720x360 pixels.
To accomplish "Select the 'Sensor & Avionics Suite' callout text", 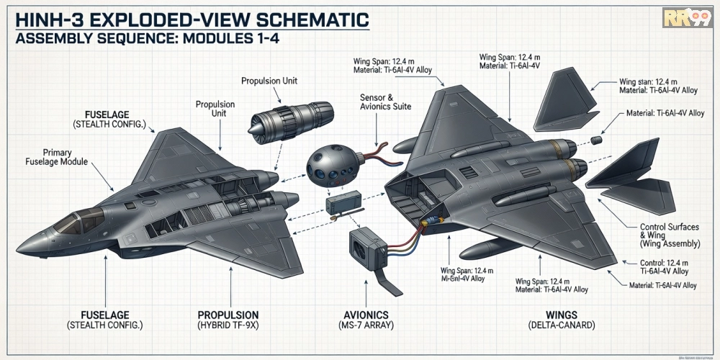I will coord(385,102).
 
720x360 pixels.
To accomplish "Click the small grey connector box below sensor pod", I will coord(338,205).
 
